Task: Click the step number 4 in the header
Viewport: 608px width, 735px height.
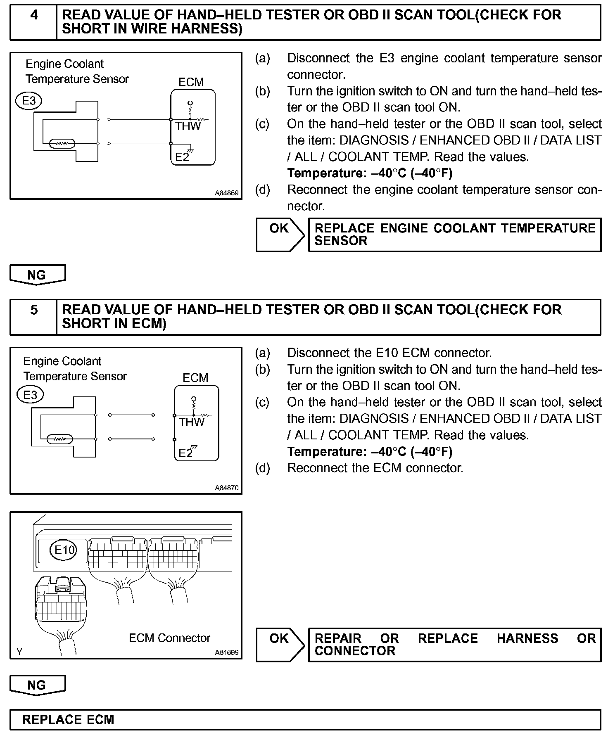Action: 34,15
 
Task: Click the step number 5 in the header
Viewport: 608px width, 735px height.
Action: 34,310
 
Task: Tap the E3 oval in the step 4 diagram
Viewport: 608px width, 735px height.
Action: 29,101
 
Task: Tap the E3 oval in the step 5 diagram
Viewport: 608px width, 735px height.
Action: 30,395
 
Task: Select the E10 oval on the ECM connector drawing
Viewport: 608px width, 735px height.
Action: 65,550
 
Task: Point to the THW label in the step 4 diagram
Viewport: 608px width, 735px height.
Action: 188,126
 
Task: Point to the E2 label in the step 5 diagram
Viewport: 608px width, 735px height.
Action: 185,453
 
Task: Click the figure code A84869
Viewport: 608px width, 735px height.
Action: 227,193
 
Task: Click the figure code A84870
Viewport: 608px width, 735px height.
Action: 227,488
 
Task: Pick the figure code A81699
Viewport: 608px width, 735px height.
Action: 227,653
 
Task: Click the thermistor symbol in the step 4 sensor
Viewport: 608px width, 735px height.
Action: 62,144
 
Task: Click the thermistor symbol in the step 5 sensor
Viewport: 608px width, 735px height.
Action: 60,439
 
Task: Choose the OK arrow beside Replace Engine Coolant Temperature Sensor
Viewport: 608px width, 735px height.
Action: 280,234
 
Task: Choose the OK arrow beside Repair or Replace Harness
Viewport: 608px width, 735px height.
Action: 280,645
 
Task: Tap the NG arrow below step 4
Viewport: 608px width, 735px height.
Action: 37,275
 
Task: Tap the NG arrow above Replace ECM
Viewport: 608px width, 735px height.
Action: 37,685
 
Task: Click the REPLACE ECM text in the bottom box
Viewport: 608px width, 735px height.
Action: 68,720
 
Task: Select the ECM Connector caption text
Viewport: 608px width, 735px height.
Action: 169,638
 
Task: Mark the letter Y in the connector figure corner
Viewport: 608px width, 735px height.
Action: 19,652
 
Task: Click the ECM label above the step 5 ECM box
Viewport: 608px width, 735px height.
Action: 195,378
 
